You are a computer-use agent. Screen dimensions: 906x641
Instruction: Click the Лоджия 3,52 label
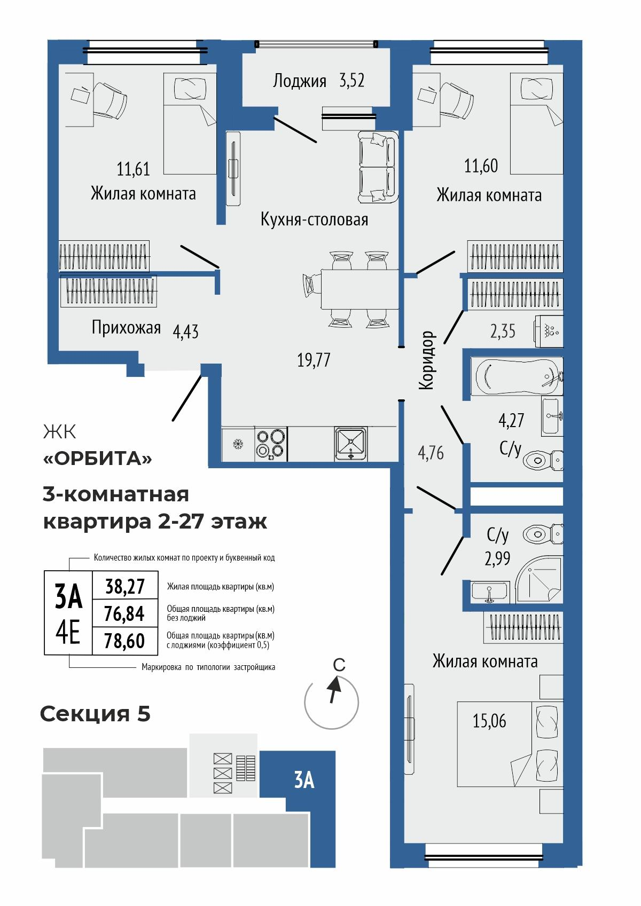click(x=318, y=81)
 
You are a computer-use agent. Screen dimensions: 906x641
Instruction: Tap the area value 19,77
click(x=314, y=360)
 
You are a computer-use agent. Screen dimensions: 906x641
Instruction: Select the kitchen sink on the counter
click(x=350, y=443)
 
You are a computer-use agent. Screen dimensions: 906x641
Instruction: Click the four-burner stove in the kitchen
click(x=270, y=443)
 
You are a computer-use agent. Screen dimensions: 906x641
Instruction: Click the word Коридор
click(x=427, y=360)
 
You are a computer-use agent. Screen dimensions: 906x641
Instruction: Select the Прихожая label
click(x=126, y=327)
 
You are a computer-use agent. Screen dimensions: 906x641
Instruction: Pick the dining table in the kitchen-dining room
click(x=359, y=289)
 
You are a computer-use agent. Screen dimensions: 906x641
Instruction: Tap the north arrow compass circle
click(x=331, y=702)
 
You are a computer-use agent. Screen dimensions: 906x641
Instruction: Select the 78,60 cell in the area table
click(x=125, y=641)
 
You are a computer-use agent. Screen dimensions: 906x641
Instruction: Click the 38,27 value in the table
click(x=125, y=586)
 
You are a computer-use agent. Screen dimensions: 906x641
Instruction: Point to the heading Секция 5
click(x=95, y=713)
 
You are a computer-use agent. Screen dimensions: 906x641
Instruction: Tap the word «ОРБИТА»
click(x=97, y=458)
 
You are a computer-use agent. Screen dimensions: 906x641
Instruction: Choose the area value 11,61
click(x=133, y=170)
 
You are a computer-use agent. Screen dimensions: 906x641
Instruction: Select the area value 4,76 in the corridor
click(x=431, y=454)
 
